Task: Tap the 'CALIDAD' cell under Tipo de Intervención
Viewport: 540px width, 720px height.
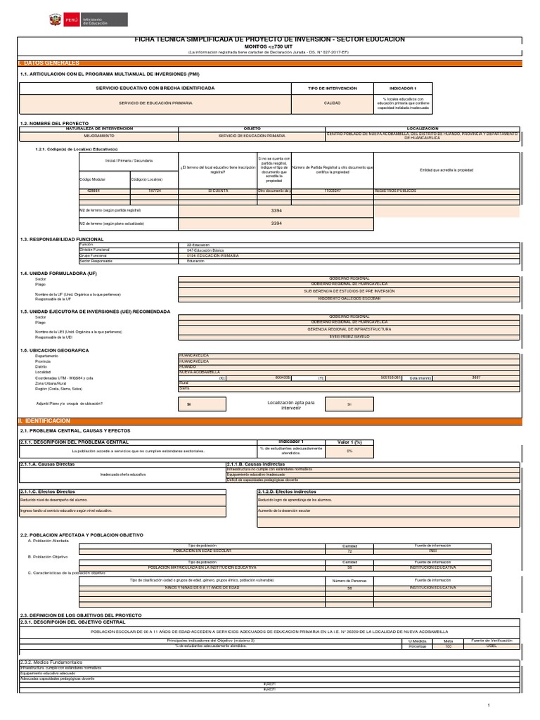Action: click(332, 103)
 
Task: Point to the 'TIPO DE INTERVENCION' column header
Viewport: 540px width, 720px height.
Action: click(332, 88)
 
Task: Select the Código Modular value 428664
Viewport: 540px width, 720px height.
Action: click(94, 191)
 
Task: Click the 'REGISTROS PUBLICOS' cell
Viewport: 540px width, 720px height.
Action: click(396, 191)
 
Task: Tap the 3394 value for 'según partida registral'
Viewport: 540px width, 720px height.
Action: click(276, 210)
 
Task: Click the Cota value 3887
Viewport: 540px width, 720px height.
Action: click(477, 378)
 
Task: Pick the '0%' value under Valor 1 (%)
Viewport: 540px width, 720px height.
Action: click(349, 451)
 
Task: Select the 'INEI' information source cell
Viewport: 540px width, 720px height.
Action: click(433, 551)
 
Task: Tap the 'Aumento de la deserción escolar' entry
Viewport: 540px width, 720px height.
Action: click(284, 510)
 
